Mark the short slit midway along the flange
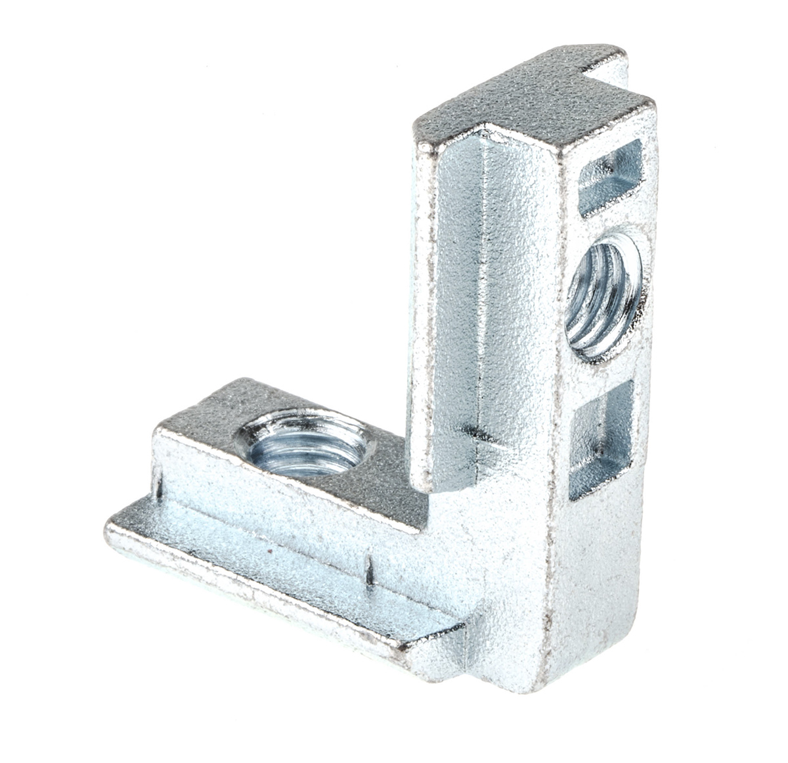coord(370,570)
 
